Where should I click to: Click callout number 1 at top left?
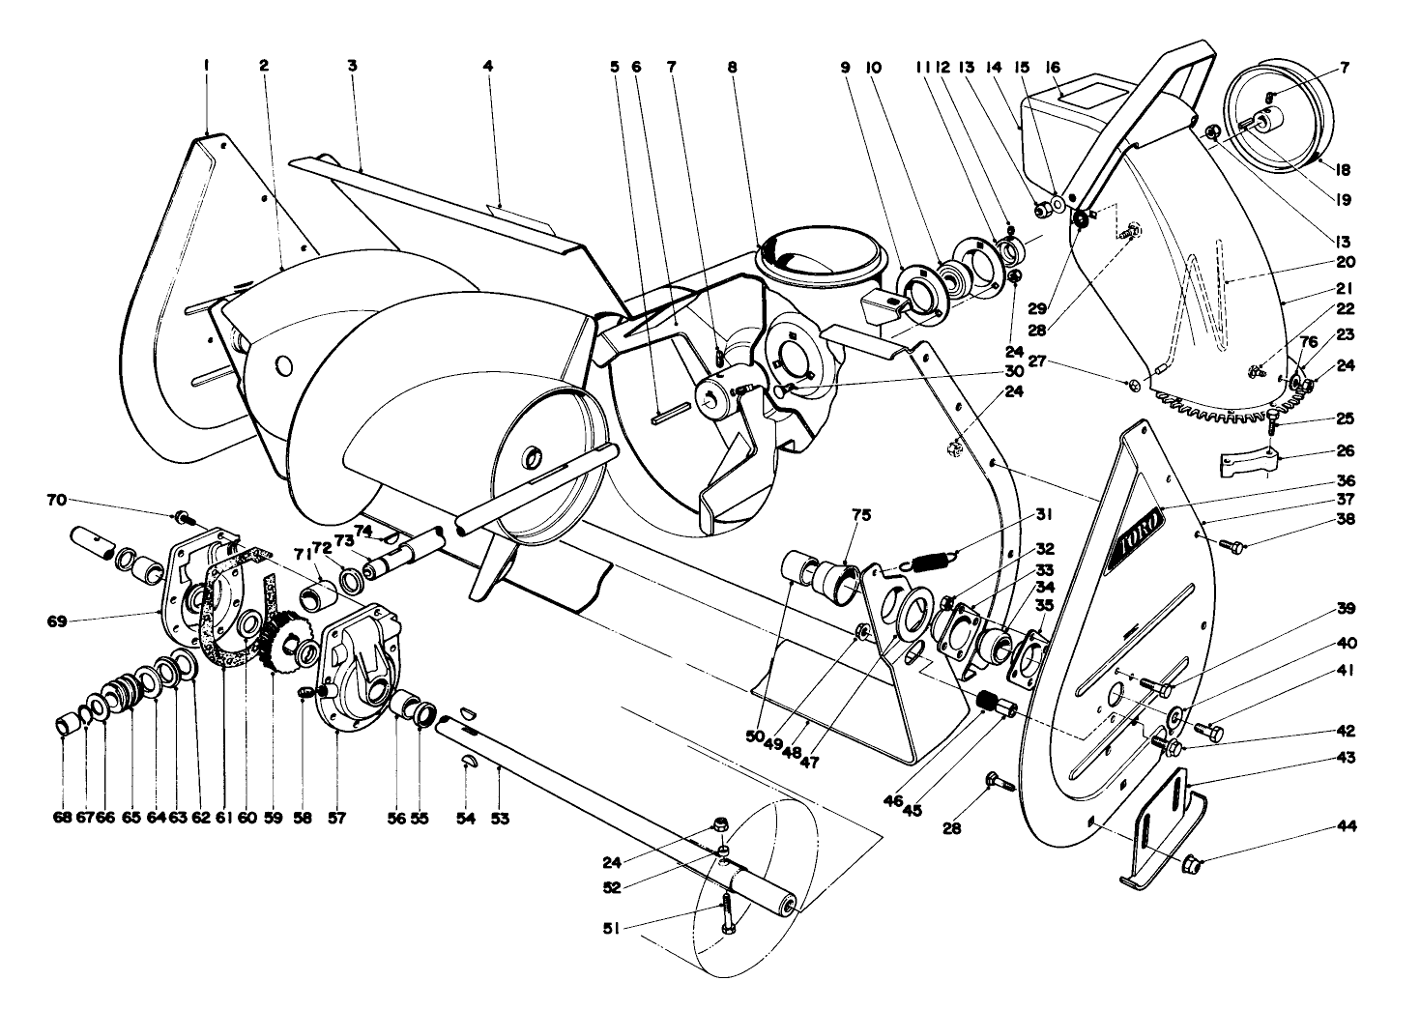206,66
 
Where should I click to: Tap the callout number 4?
488,66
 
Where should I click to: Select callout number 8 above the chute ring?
732,67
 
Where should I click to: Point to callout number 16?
1053,67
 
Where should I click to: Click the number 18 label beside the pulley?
1343,169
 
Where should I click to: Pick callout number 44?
1346,826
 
